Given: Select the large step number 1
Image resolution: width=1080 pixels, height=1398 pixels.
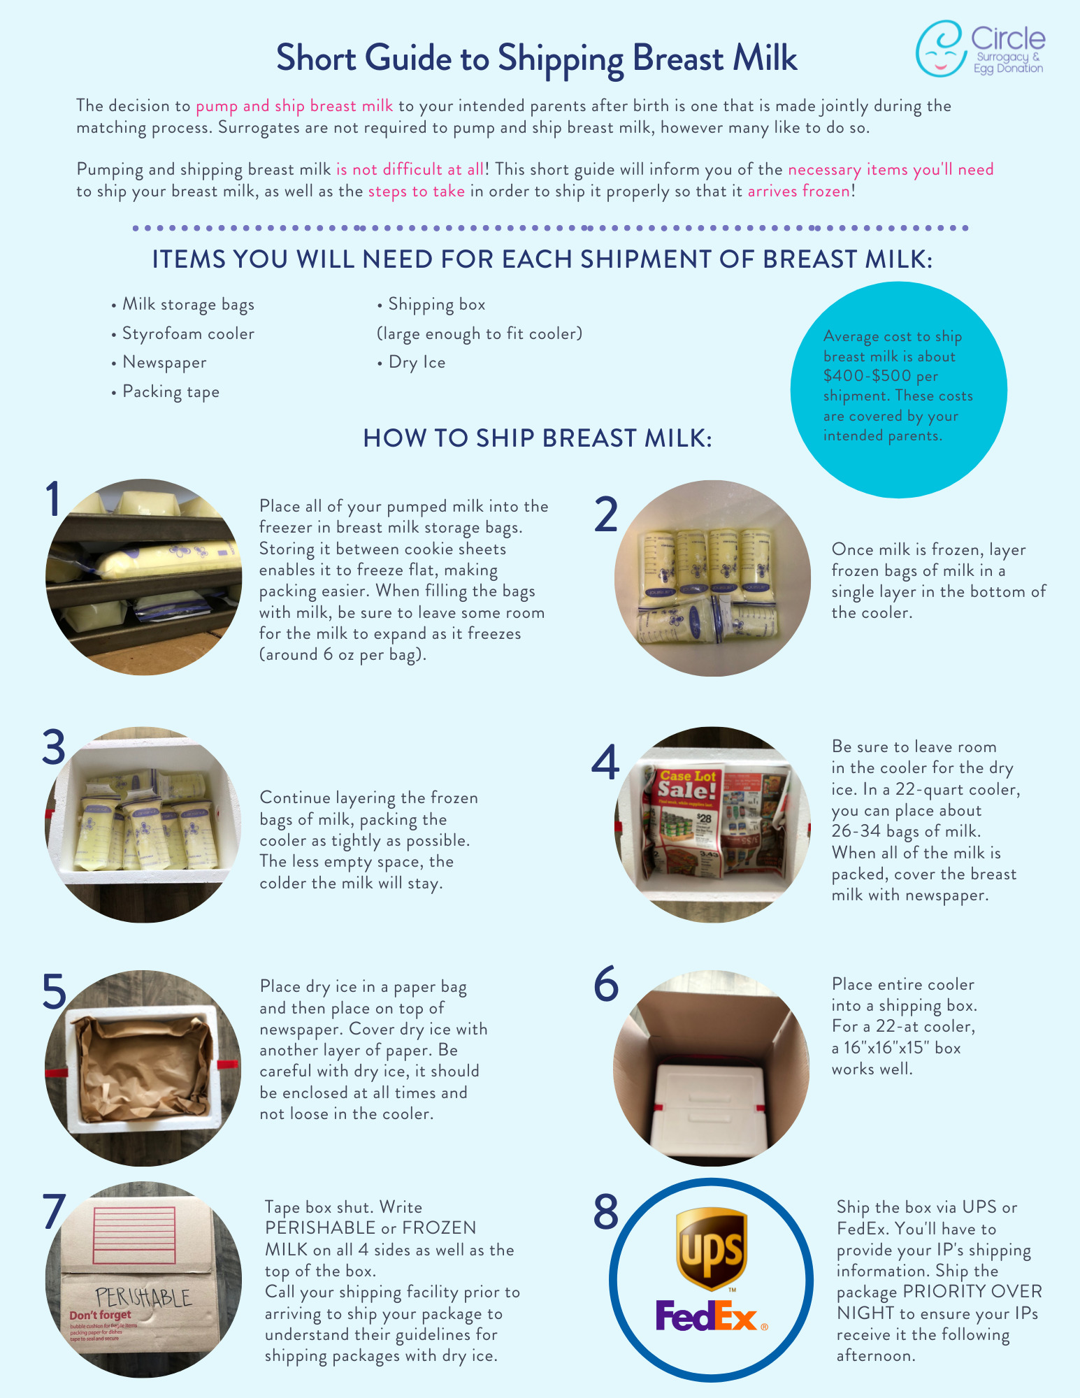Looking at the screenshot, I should (53, 500).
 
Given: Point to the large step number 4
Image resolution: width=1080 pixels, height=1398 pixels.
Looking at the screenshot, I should (605, 763).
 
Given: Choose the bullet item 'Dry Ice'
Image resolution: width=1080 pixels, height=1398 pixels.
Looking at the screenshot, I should (417, 362).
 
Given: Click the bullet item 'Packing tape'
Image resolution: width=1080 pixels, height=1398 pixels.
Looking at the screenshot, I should (171, 391).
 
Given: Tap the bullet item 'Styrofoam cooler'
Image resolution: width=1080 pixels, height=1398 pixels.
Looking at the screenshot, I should (188, 333).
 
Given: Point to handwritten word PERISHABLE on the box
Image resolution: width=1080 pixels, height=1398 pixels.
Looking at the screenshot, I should (143, 1297).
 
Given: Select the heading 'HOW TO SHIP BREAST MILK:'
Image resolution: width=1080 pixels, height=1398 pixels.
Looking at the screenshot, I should (537, 438).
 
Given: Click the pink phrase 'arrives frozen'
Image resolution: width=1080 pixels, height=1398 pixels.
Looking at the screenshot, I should (799, 192).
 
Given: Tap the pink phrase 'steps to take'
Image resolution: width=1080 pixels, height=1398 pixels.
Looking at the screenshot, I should (416, 192).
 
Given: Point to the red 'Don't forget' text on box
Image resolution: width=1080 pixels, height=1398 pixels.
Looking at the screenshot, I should (100, 1315).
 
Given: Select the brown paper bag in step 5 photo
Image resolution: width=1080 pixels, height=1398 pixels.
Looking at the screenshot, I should (143, 1066).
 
